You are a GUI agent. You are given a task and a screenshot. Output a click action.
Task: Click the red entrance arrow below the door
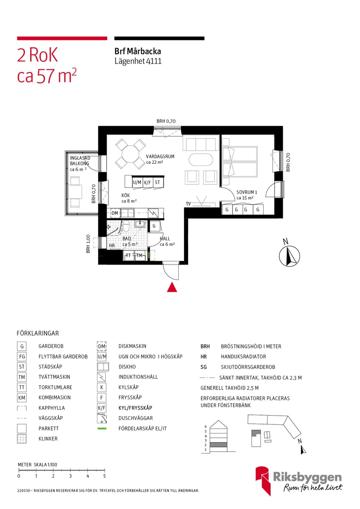click(x=172, y=288)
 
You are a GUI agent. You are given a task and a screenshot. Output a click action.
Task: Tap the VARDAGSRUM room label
click(x=160, y=156)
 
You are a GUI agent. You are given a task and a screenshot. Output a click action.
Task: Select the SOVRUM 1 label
click(x=247, y=192)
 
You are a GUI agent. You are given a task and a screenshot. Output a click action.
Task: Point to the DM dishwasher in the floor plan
click(x=115, y=213)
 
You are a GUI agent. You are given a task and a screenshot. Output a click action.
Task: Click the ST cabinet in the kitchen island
click(x=157, y=182)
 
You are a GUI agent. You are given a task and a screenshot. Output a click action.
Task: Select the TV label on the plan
click(x=188, y=204)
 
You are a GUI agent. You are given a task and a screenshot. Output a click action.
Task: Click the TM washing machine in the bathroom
click(x=139, y=255)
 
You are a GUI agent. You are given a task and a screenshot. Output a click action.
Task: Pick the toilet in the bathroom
click(x=126, y=227)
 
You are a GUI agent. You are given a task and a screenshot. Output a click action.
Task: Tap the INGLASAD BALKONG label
click(x=80, y=160)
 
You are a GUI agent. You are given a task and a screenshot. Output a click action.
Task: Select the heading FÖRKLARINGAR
click(x=38, y=333)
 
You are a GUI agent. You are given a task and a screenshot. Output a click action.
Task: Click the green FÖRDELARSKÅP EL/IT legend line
click(x=102, y=429)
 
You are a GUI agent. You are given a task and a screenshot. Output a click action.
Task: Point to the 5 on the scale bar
click(x=104, y=476)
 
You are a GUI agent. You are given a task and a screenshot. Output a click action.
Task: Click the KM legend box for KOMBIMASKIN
click(x=21, y=398)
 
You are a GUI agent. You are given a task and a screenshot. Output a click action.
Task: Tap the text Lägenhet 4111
click(x=138, y=61)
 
